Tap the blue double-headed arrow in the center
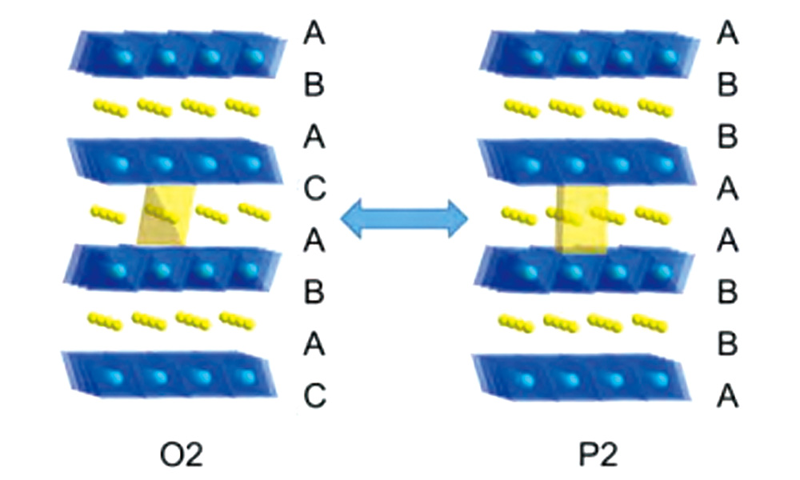tap(404, 218)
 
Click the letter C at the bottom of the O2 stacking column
tap(314, 394)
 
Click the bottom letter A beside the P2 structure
tap(727, 394)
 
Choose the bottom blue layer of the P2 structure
tap(583, 378)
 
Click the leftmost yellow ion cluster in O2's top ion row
tap(110, 106)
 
